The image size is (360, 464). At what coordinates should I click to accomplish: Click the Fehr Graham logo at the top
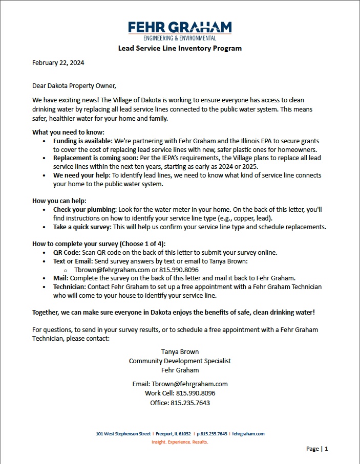pos(180,30)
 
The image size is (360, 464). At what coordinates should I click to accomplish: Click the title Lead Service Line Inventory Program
pos(180,49)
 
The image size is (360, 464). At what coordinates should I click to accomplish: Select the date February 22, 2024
pos(58,63)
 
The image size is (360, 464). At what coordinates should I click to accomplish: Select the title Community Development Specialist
pos(180,361)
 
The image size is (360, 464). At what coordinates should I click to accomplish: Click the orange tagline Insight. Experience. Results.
pos(180,441)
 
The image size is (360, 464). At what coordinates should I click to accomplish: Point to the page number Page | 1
pos(317,449)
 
